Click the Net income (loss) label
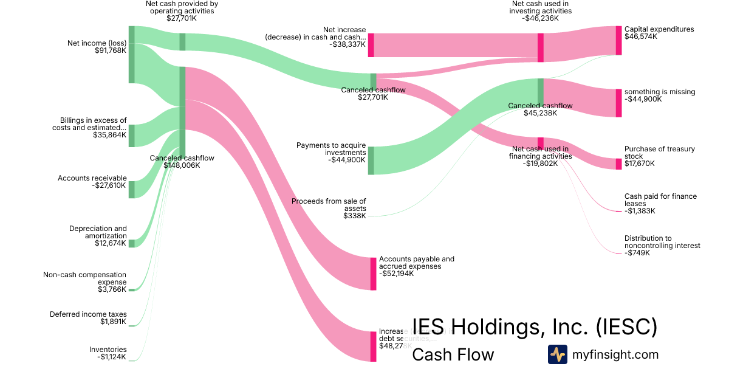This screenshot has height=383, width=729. tap(97, 43)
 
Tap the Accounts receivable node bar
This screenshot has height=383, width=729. tap(131, 189)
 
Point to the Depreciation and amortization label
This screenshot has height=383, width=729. tap(98, 232)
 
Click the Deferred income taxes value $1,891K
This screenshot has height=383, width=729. tap(113, 322)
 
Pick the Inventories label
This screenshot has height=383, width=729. tap(108, 350)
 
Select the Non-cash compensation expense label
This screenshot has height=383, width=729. tap(84, 278)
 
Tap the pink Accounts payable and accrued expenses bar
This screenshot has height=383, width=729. tap(373, 274)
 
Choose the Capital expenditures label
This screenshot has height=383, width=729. tap(659, 29)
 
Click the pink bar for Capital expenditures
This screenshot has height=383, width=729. tap(618, 40)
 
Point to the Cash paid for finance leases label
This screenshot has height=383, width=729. tap(660, 200)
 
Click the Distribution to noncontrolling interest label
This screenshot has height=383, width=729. tap(662, 242)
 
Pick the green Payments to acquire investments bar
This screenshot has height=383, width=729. tap(371, 160)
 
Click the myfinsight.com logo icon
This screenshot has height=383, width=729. tap(557, 354)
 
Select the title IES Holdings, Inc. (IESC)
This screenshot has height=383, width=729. tap(535, 327)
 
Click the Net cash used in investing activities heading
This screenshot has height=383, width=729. tap(541, 7)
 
